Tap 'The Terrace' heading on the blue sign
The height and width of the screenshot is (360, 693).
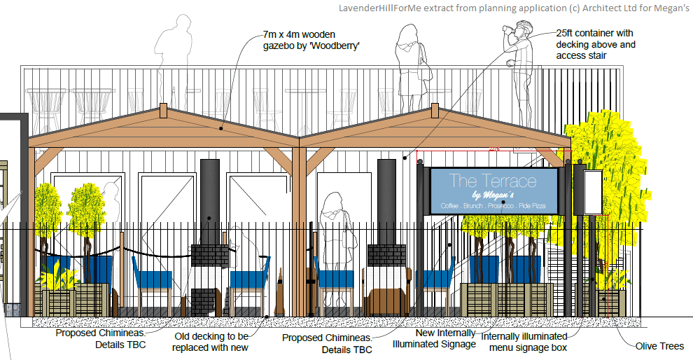[493, 181]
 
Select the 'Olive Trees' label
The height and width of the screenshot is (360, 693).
[659, 346]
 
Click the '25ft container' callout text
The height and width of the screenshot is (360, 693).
[594, 33]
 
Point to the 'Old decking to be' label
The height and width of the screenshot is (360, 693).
[209, 336]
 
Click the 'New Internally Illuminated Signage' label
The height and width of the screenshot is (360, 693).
[435, 338]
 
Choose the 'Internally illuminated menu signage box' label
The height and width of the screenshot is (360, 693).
[528, 342]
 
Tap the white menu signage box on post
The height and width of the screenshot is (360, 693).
[592, 193]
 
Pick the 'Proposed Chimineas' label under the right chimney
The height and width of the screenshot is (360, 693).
[327, 343]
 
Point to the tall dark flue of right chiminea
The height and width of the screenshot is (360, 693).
[386, 200]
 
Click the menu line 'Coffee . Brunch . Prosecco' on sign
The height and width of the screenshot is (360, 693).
[482, 205]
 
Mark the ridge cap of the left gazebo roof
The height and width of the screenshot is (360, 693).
[163, 111]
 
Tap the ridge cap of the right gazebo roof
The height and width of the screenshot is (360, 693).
[436, 111]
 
